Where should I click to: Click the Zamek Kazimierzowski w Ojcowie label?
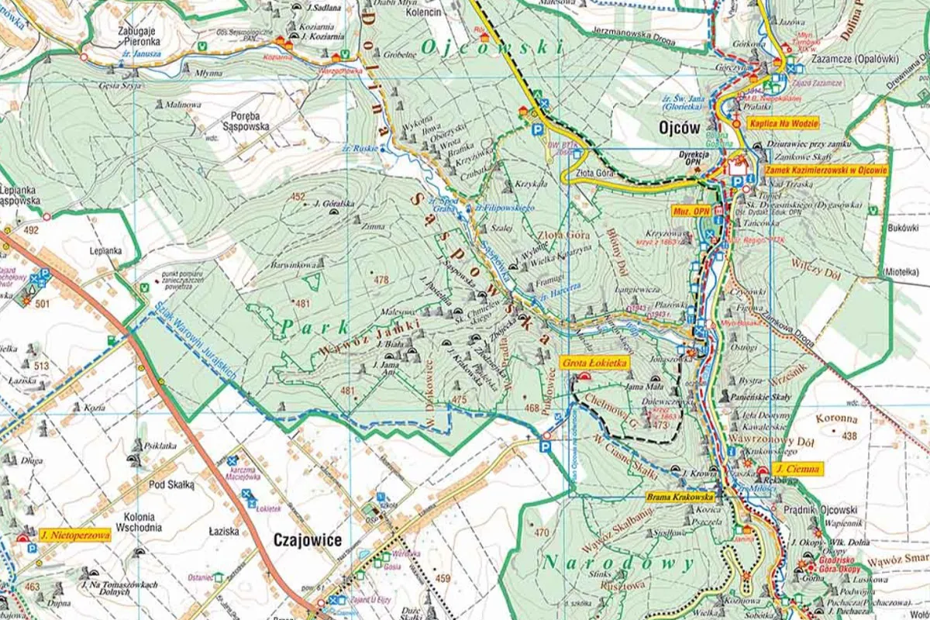(825, 170)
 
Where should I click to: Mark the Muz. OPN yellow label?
(690, 210)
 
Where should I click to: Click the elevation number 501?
(42, 303)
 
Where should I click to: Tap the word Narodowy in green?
(618, 563)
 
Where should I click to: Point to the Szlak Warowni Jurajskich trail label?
(195, 342)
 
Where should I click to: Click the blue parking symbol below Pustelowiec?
(545, 447)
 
